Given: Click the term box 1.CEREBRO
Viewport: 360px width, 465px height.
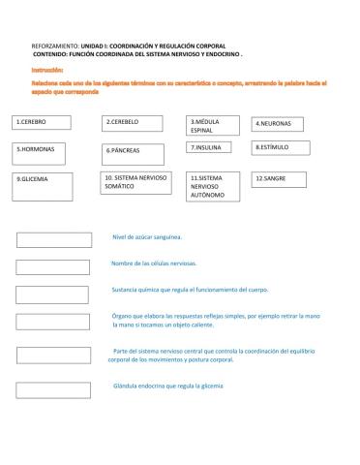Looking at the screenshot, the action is click(x=43, y=124).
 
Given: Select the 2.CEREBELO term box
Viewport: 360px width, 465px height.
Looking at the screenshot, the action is click(x=132, y=124).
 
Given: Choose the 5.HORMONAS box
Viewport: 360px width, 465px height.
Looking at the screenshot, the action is click(x=43, y=152).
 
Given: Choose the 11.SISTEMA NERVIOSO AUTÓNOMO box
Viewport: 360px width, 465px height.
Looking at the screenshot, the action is click(x=216, y=187).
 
